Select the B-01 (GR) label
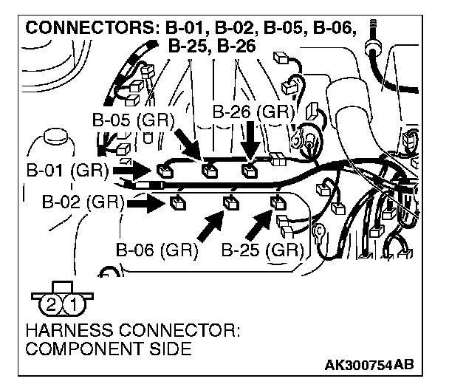pos(66,171)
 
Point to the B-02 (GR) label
pos(82,202)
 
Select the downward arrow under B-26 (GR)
pos(251,140)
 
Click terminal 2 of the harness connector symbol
pos(51,303)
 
